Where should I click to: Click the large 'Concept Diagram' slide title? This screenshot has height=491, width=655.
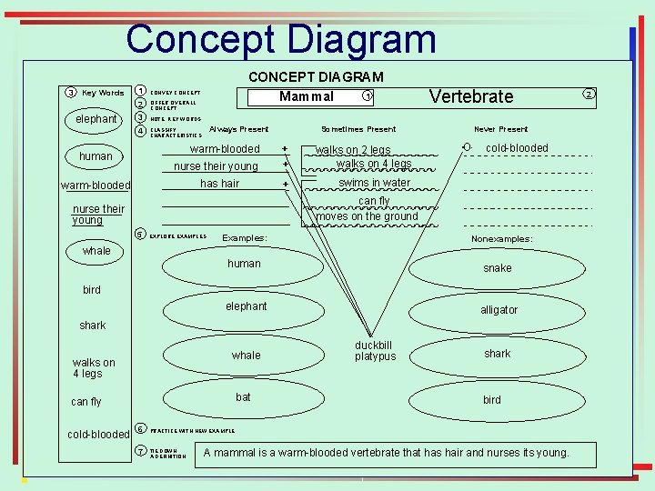pyautogui.click(x=281, y=39)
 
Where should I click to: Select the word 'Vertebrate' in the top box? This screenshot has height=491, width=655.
pyautogui.click(x=470, y=96)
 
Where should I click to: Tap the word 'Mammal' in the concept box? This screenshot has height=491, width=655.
pyautogui.click(x=307, y=96)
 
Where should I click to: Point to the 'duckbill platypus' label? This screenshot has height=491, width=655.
pyautogui.click(x=375, y=351)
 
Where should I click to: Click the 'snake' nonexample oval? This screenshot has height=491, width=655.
pyautogui.click(x=497, y=268)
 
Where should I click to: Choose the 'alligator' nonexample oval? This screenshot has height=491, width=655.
pyautogui.click(x=499, y=310)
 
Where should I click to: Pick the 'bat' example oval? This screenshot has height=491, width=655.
pyautogui.click(x=243, y=397)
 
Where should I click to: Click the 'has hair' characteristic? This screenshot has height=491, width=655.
pyautogui.click(x=219, y=184)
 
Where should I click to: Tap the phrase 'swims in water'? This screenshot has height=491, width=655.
pyautogui.click(x=374, y=183)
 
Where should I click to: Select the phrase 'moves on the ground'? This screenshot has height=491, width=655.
pyautogui.click(x=367, y=216)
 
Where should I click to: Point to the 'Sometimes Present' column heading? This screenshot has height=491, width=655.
pyautogui.click(x=358, y=129)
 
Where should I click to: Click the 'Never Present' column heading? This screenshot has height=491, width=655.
pyautogui.click(x=500, y=129)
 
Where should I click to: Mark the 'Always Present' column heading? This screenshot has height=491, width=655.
pyautogui.click(x=238, y=129)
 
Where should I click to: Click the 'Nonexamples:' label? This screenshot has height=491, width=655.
pyautogui.click(x=501, y=239)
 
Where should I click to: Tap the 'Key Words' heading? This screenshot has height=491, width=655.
pyautogui.click(x=103, y=93)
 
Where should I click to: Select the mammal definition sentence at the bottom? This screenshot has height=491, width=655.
pyautogui.click(x=387, y=453)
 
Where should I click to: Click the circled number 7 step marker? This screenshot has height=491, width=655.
pyautogui.click(x=141, y=452)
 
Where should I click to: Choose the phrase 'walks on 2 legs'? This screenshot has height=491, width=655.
pyautogui.click(x=353, y=150)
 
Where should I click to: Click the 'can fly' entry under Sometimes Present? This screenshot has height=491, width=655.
pyautogui.click(x=373, y=201)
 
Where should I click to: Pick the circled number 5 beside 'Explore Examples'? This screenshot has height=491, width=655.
pyautogui.click(x=140, y=234)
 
